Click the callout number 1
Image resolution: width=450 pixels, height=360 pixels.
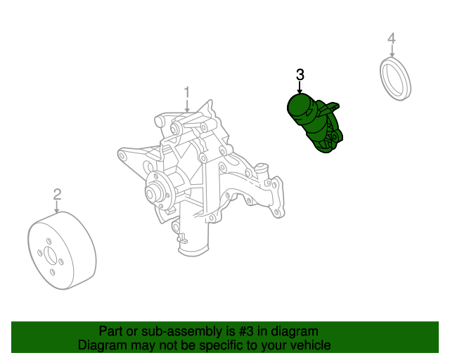click(187, 92)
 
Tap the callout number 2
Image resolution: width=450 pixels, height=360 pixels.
click(58, 194)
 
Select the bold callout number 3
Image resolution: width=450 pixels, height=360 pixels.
click(300, 75)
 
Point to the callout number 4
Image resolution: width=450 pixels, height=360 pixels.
click(392, 39)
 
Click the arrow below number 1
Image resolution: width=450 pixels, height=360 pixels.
click(187, 106)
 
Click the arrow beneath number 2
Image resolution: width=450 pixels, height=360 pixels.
click(57, 207)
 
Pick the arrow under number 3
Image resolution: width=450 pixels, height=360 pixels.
click(300, 88)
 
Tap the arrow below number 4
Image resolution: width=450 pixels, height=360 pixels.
click(392, 51)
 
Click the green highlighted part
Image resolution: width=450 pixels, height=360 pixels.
click(315, 123)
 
